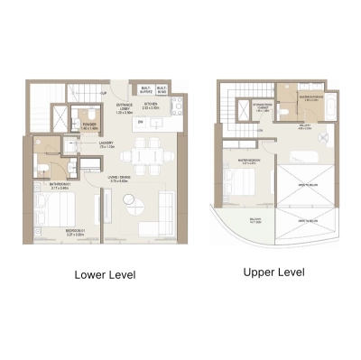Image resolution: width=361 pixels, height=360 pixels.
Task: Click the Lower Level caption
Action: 105,274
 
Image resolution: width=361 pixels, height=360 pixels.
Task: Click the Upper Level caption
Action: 274,270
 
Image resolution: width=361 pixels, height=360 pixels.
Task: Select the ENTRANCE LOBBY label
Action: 125,109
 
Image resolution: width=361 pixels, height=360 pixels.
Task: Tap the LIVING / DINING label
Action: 120,179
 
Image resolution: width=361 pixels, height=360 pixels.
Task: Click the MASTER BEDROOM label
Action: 250,162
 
